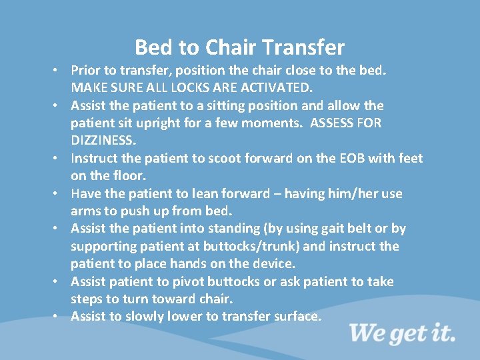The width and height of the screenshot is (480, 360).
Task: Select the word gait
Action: tap(337, 228)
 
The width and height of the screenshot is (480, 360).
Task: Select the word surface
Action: tap(297, 316)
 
